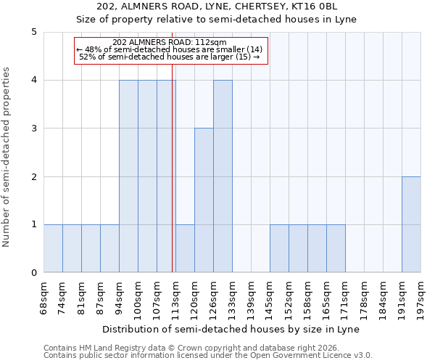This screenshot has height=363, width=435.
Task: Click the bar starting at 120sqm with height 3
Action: tap(204, 200)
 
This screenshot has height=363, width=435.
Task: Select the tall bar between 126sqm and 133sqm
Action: tap(223, 176)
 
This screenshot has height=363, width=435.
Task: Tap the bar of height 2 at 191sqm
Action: tap(411, 224)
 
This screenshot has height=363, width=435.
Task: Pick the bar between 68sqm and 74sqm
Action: tap(53, 248)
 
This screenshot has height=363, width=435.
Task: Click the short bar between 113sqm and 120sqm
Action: tap(185, 248)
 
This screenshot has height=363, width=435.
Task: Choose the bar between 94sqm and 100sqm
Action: tap(128, 176)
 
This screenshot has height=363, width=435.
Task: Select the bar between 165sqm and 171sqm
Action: tap(336, 248)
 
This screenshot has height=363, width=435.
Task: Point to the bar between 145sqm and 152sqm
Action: tap(279, 248)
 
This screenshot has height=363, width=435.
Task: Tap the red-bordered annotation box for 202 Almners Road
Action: tap(172, 50)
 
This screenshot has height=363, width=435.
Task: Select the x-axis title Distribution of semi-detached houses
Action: tap(232, 329)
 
